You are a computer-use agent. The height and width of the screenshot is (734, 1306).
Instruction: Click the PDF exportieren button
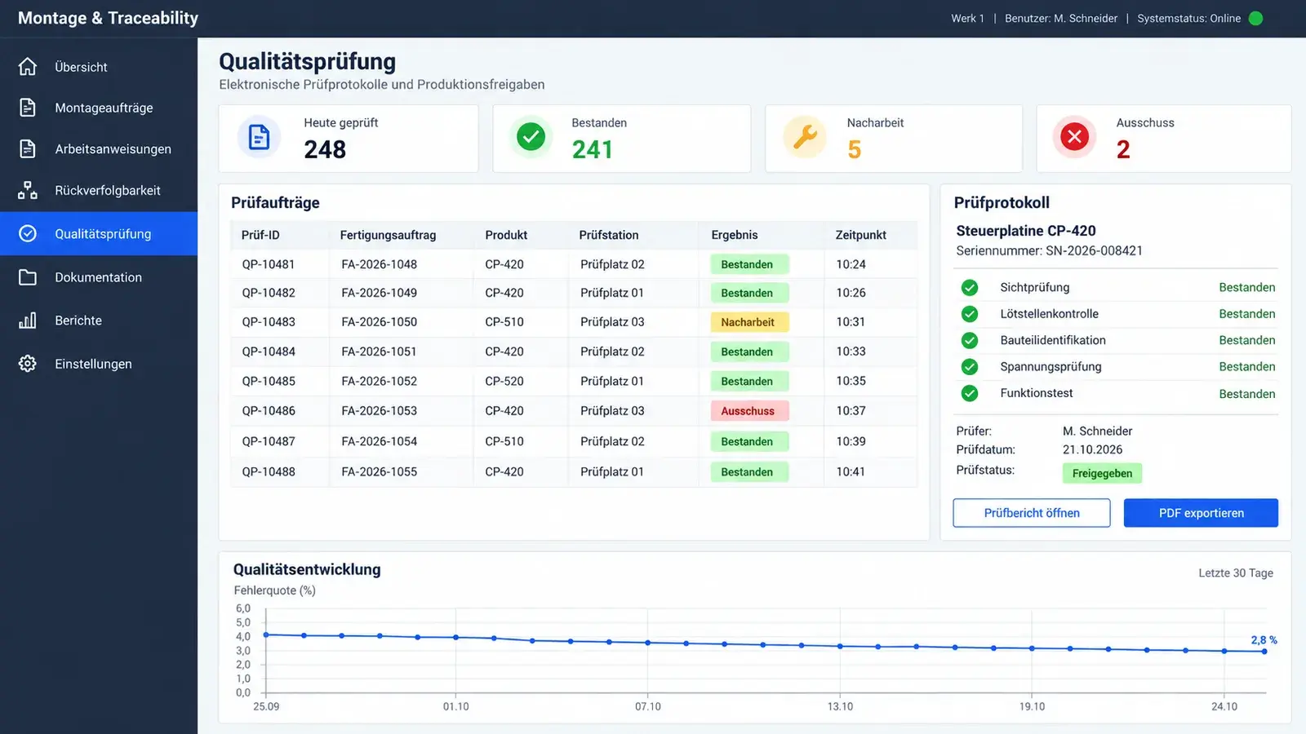coord(1201,513)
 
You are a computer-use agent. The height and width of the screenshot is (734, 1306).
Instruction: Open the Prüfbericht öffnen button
coord(1032,513)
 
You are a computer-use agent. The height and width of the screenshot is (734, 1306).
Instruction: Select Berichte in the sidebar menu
coord(78,321)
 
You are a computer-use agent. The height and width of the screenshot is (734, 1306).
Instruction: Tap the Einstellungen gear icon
coord(28,364)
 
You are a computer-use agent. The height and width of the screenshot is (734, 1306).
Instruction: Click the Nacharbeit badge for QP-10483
coord(749,322)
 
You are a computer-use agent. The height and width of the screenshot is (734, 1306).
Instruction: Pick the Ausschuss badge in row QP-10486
coord(749,411)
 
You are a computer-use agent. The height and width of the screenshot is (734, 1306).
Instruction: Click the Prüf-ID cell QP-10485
coord(269,381)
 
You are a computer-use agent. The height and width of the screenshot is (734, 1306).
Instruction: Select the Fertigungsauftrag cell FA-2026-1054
coord(379,441)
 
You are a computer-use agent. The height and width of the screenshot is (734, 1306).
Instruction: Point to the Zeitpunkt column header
coord(860,235)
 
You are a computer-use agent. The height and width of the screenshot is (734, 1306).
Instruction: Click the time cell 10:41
coord(851,471)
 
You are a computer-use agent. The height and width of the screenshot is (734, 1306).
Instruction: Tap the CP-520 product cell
coord(504,381)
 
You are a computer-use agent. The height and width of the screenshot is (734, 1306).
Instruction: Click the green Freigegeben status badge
coord(1102,473)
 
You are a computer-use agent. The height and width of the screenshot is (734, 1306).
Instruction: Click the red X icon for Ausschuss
coord(1074,137)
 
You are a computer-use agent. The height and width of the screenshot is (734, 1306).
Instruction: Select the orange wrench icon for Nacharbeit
coord(805,137)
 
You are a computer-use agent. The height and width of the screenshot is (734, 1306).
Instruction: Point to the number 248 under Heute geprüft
coord(325,149)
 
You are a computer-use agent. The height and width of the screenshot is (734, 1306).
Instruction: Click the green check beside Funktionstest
coord(969,393)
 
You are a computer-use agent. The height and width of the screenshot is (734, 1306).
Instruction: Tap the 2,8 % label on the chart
coord(1264,640)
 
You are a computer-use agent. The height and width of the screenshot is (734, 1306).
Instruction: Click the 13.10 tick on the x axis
coord(840,706)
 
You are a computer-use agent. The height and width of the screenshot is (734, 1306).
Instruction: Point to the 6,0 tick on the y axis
coord(243,608)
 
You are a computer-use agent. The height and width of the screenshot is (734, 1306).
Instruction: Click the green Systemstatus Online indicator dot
coord(1256,19)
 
